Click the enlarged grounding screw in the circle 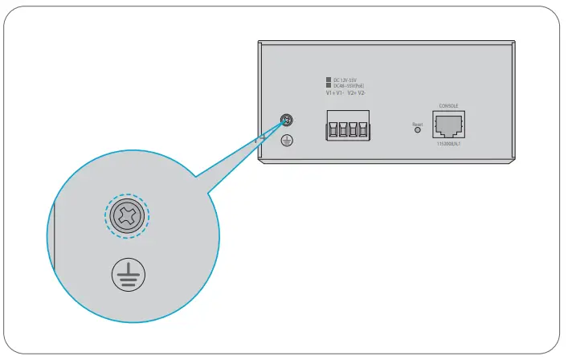point(127,215)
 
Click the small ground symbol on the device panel point(285,141)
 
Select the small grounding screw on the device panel point(285,122)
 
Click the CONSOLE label point(448,105)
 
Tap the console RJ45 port point(448,125)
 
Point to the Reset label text point(417,124)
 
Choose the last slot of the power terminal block point(362,129)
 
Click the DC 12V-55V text point(345,80)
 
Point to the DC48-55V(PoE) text point(349,86)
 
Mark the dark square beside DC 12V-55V point(329,80)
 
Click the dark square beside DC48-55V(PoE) point(329,86)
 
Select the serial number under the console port point(448,144)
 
